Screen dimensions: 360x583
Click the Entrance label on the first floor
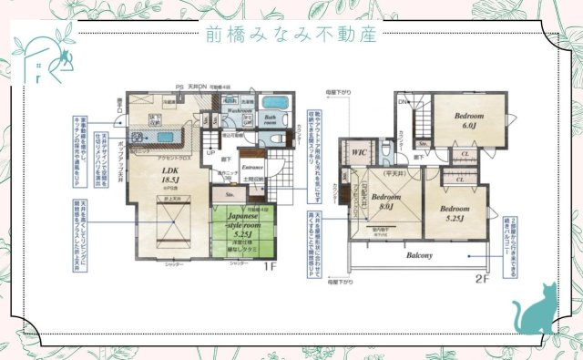pos(251,168)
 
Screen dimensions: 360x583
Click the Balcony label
pos(420,255)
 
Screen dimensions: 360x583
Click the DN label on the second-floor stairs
pos(403,102)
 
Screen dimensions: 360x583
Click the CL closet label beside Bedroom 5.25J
pos(462,180)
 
